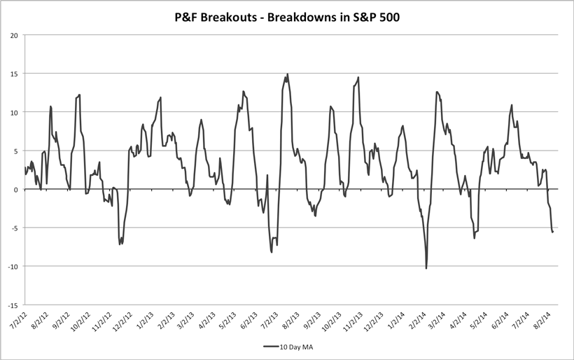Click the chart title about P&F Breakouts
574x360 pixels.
click(x=287, y=15)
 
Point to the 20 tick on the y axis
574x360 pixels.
click(x=16, y=35)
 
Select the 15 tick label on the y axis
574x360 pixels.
click(x=16, y=74)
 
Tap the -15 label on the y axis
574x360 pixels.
click(x=15, y=305)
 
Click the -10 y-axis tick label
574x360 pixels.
click(x=15, y=266)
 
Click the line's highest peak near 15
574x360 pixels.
click(x=288, y=74)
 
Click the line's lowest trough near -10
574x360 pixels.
click(x=426, y=268)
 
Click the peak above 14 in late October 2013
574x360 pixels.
click(x=358, y=78)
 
